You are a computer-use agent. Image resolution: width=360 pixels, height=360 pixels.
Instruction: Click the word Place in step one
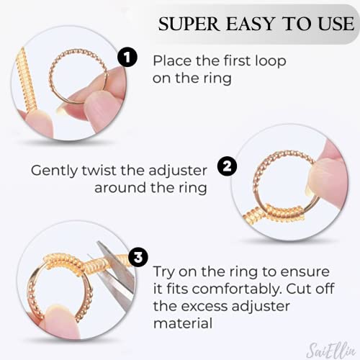click(x=172, y=60)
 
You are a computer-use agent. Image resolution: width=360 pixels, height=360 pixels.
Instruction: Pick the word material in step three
click(x=183, y=325)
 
